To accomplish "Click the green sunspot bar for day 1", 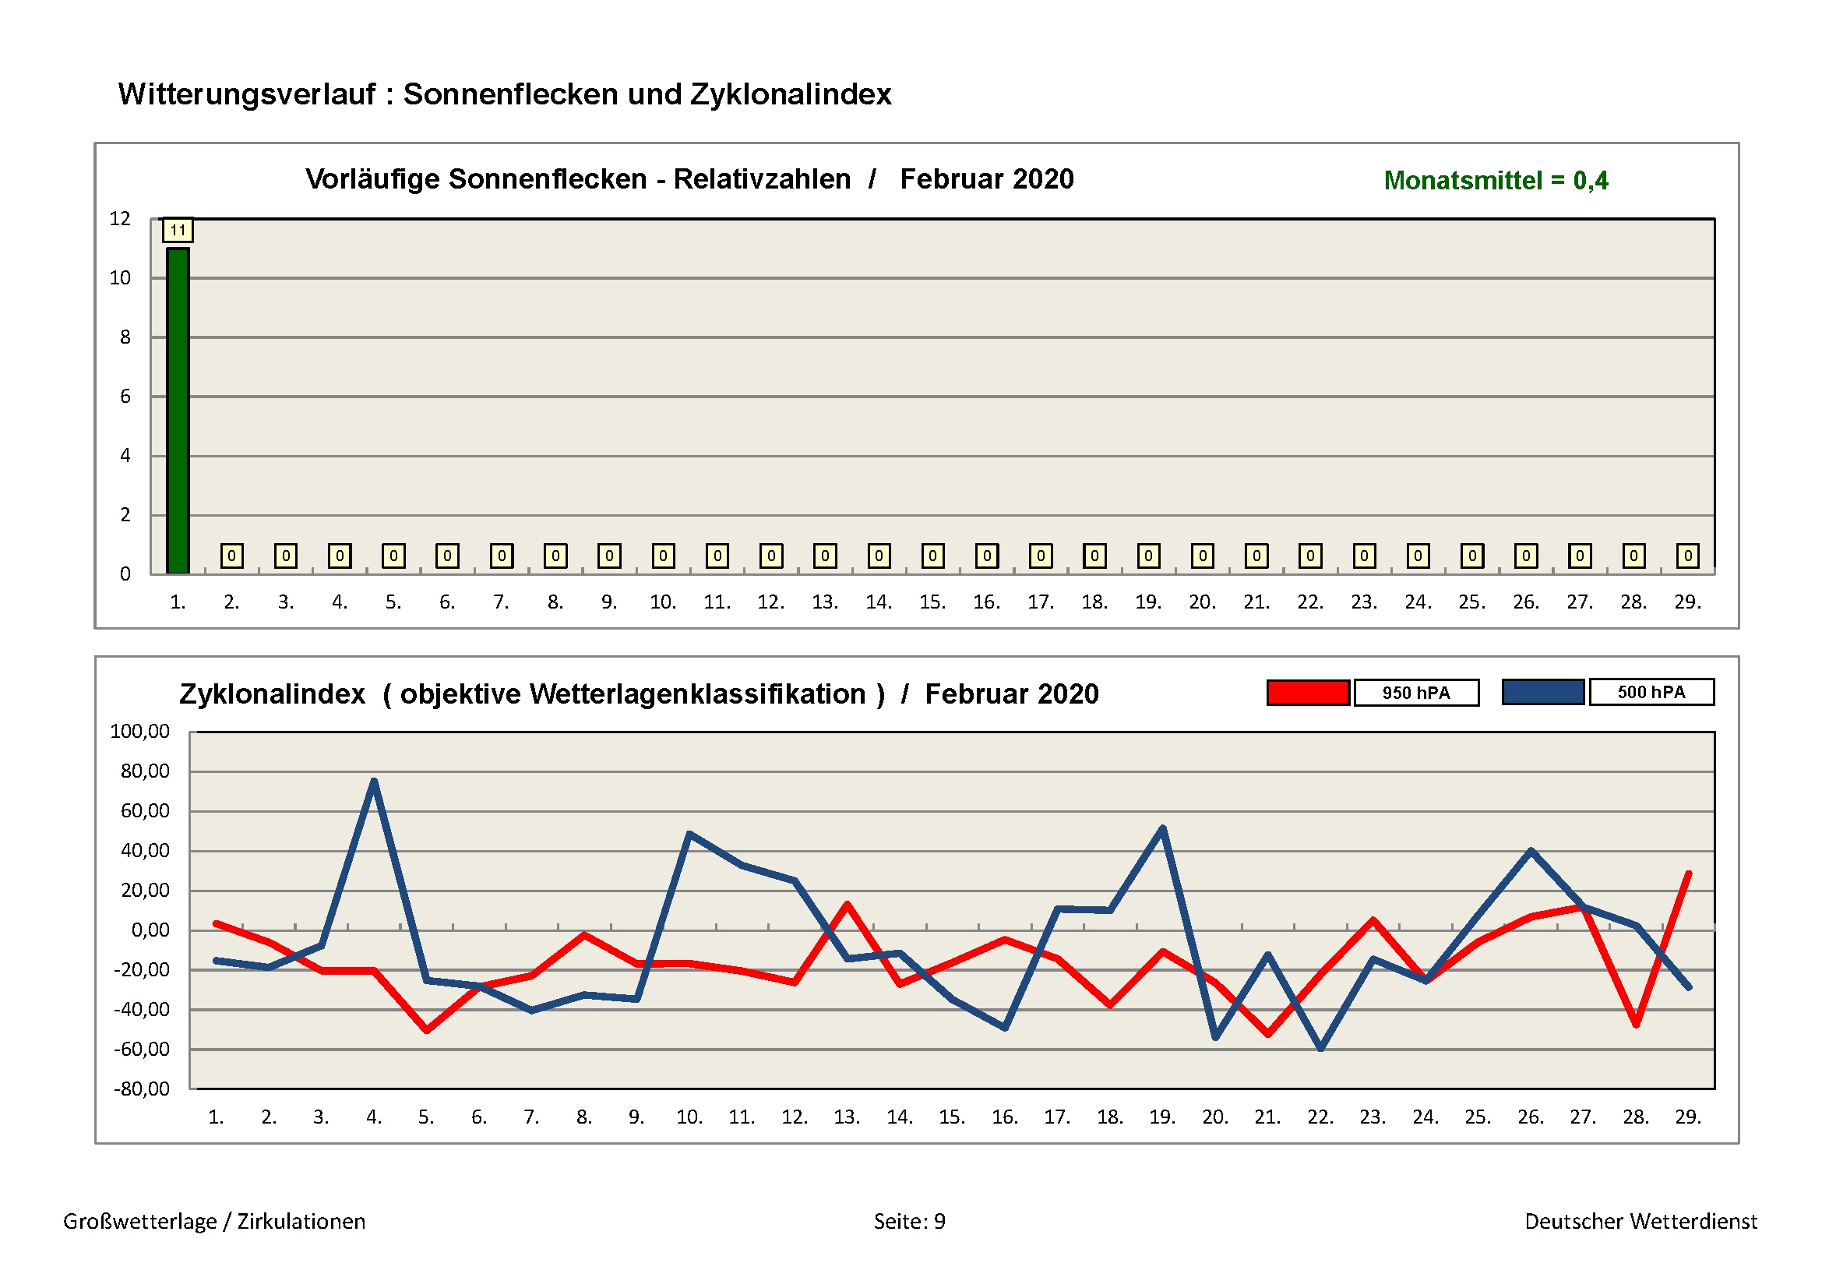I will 178,411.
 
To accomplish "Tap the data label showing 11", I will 178,231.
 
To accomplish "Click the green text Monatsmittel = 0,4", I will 1495,181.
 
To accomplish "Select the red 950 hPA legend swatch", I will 1308,693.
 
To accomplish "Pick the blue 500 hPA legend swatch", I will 1542,692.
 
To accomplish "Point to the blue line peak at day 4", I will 374,782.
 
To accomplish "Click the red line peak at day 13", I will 847,904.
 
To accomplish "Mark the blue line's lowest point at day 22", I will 1320,1048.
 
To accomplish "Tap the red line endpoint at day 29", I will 1688,873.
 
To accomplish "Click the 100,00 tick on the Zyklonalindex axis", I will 139,732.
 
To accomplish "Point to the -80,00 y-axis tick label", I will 141,1089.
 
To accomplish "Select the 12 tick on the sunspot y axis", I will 120,219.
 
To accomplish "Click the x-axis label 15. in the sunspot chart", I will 932,602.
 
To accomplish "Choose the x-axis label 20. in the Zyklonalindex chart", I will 1215,1117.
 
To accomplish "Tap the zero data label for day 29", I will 1688,556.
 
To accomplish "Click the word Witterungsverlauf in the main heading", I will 247,94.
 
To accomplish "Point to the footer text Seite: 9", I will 909,1221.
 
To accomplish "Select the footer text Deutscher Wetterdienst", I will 1641,1221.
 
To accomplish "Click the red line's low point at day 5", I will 427,1030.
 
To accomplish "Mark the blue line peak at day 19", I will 1162,828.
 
